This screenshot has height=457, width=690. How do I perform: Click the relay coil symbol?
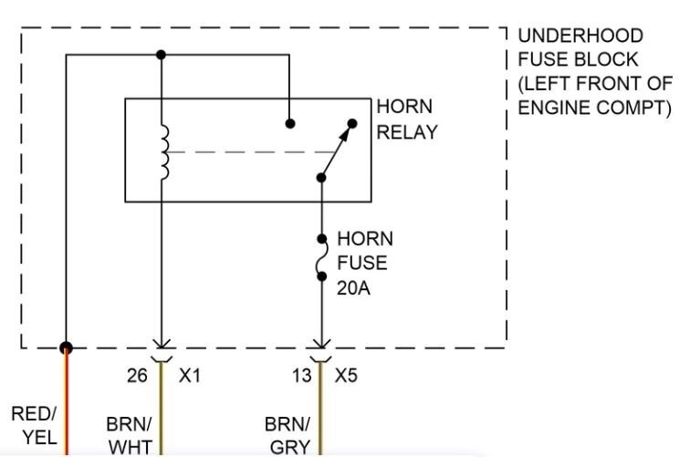point(165,151)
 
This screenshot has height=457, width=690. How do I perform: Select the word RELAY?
point(407,131)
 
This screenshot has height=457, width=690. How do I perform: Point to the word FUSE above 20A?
point(362,264)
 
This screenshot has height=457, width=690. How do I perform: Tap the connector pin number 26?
point(137,375)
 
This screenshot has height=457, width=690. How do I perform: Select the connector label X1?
point(189,375)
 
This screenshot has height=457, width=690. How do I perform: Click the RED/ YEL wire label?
point(35,425)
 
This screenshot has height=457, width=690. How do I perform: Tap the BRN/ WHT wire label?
point(129,436)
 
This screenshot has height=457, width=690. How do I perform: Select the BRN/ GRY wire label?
point(287,436)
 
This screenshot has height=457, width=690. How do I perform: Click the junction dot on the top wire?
point(161,55)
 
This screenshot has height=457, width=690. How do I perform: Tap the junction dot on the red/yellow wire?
point(67,348)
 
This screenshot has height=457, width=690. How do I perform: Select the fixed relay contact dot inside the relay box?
point(289,123)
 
